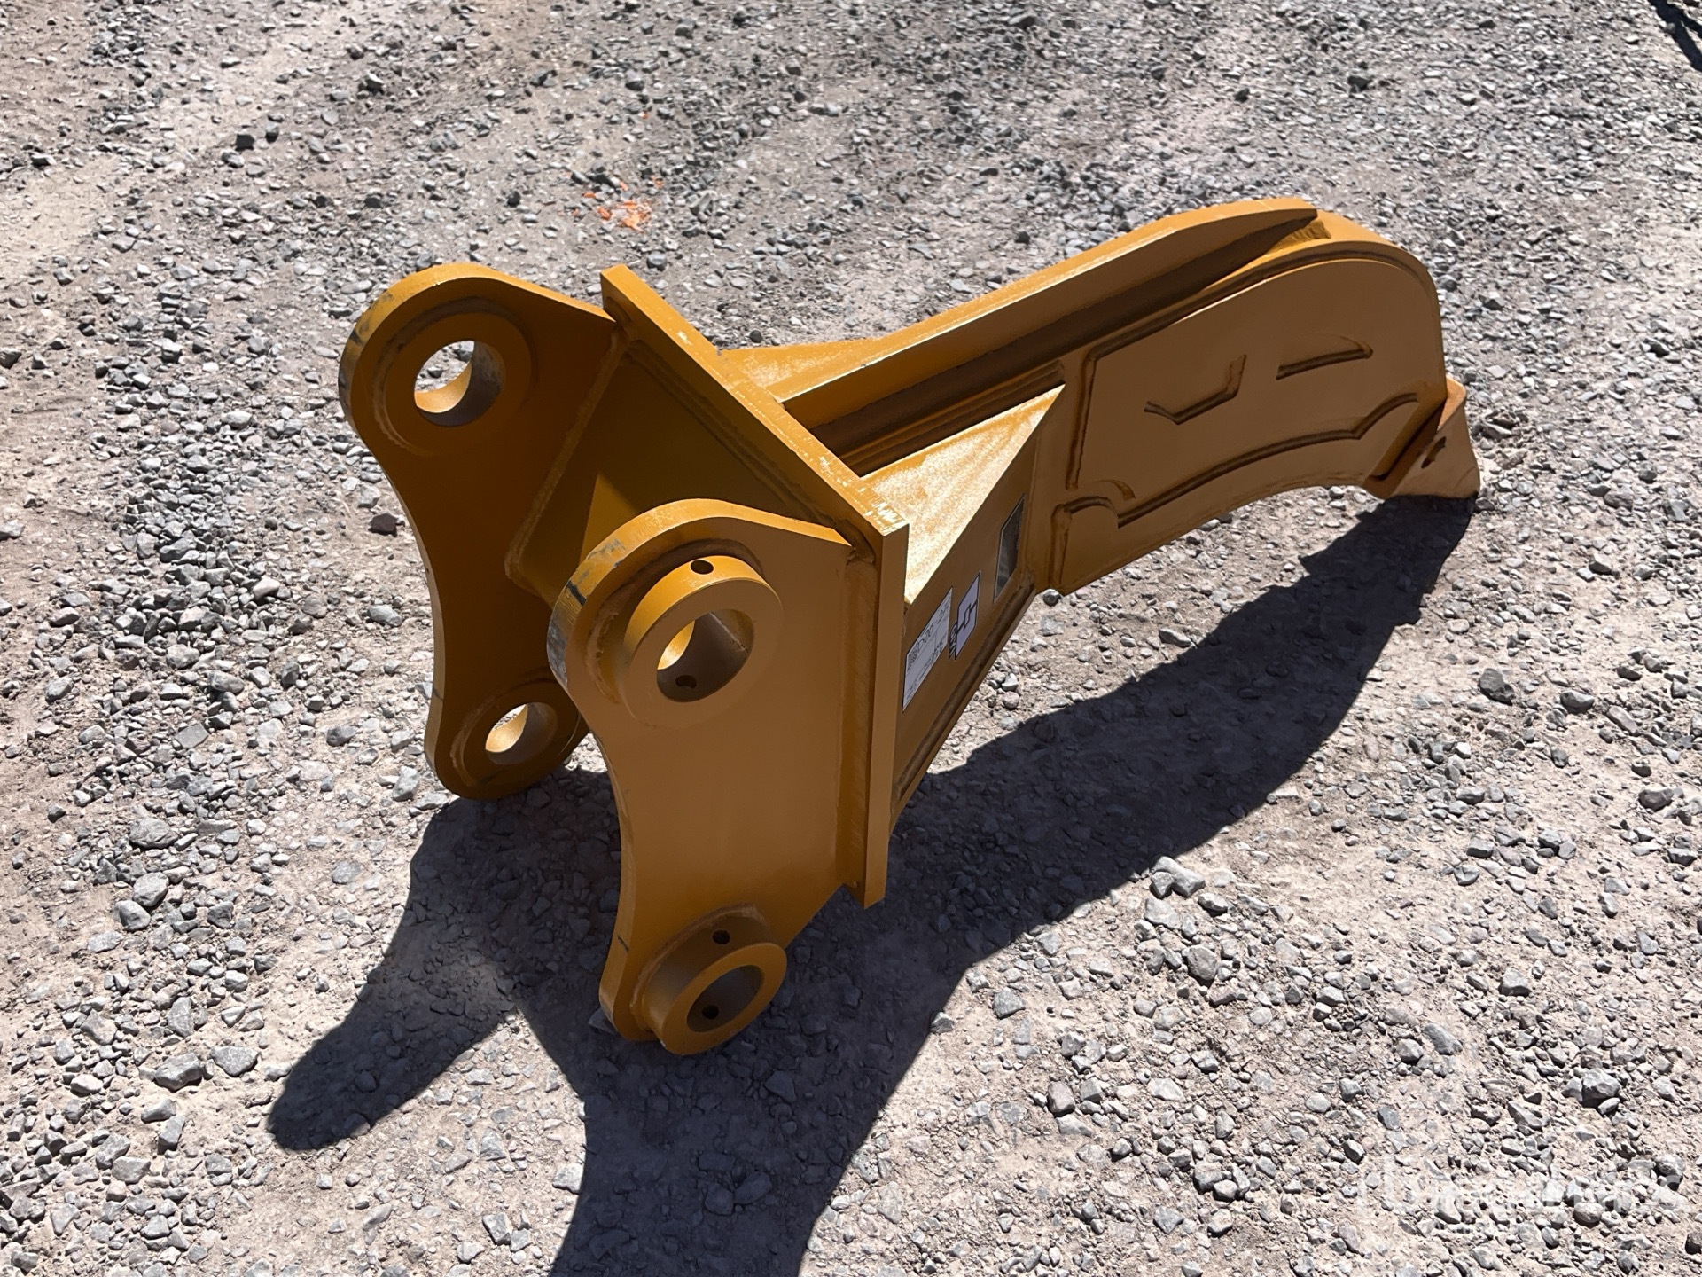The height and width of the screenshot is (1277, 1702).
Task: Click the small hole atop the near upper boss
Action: (702, 566)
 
